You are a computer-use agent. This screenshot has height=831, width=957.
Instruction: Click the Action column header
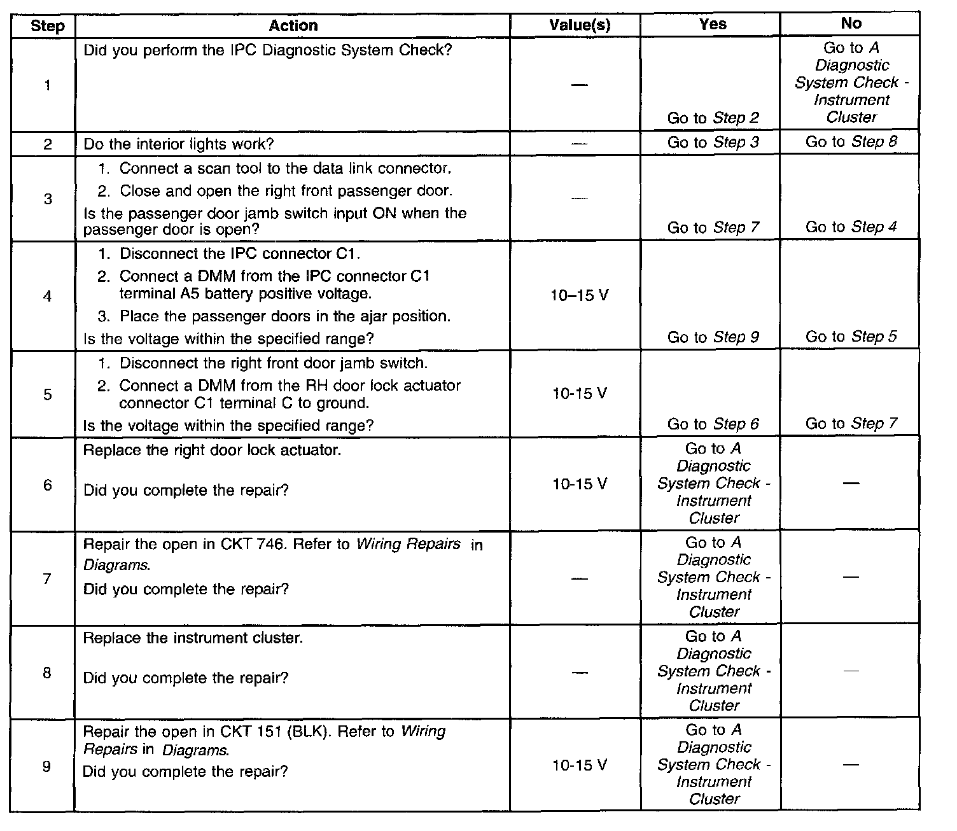(x=293, y=25)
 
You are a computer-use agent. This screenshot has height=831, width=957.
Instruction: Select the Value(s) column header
(x=580, y=25)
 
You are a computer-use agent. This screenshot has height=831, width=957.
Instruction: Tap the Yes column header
(x=713, y=24)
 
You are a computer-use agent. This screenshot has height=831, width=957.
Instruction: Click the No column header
(x=851, y=24)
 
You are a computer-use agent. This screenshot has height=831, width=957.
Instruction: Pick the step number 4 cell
(x=47, y=296)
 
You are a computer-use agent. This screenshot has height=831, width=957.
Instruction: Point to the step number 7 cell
(x=47, y=579)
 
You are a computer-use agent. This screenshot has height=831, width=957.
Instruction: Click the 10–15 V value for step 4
(x=580, y=295)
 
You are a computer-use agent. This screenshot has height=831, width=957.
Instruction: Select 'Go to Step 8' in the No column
(x=851, y=142)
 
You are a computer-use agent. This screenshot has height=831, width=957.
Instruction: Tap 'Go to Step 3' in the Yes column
(x=713, y=143)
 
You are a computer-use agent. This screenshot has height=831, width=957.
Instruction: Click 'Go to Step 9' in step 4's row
(x=713, y=337)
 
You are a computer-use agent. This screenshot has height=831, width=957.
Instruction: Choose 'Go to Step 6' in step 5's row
(x=713, y=424)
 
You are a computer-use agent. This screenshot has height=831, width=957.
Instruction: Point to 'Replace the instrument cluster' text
(x=193, y=638)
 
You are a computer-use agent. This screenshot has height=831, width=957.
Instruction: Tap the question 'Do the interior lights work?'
(x=178, y=144)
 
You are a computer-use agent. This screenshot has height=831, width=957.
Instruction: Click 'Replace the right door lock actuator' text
(x=212, y=450)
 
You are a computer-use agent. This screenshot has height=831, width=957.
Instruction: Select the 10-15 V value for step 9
(x=580, y=765)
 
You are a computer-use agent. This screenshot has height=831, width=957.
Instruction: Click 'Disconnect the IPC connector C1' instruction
(x=240, y=254)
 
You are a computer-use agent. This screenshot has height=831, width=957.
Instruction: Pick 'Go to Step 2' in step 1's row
(x=713, y=118)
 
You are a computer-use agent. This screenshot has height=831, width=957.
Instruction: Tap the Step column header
(x=47, y=26)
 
